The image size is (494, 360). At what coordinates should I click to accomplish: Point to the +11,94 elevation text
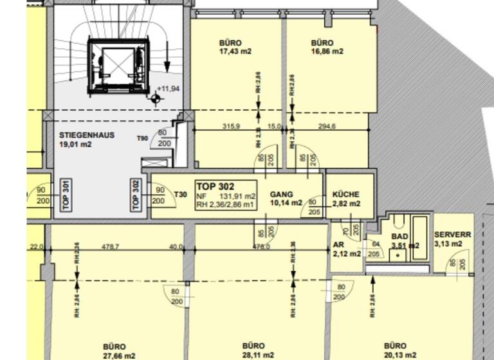[169, 89]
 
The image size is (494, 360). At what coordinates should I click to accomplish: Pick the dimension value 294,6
[327, 127]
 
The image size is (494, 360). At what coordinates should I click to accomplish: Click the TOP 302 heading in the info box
[216, 186]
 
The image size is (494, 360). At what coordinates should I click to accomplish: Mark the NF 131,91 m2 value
[226, 196]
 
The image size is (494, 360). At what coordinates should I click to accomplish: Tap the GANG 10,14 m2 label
[286, 198]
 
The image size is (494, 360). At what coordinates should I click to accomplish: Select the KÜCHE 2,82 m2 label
[346, 199]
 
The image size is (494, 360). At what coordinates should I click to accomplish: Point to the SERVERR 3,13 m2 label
[452, 239]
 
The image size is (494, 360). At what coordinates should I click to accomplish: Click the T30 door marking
[181, 195]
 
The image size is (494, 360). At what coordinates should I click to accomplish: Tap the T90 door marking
[143, 138]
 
